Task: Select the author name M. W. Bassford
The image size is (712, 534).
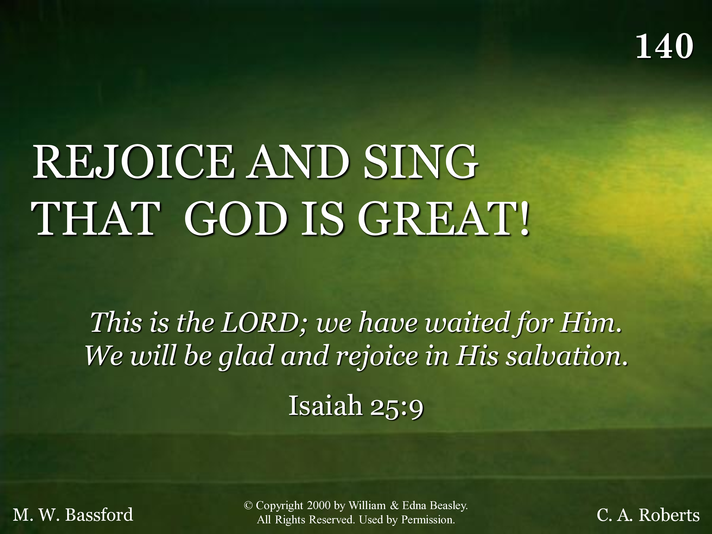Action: point(73,514)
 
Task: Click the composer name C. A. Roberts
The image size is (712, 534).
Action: point(648,514)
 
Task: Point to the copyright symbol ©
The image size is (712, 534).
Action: point(248,505)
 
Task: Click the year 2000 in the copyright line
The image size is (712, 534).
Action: point(319,505)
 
